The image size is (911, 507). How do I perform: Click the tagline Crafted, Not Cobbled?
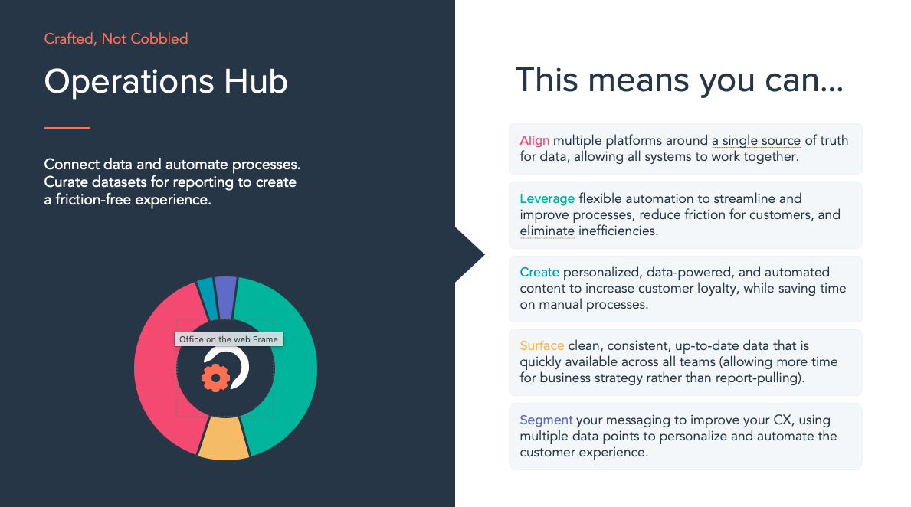116,39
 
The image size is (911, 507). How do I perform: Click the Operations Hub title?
165,82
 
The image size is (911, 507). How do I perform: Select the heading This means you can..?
679,80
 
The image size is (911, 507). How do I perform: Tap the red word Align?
535,141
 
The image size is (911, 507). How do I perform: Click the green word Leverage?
547,199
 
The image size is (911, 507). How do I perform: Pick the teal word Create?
539,272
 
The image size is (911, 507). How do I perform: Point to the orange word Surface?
542,345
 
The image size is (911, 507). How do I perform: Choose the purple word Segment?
546,420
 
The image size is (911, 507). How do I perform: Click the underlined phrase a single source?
756,141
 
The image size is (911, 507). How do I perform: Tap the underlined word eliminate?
547,231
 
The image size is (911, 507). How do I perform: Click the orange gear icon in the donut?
215,378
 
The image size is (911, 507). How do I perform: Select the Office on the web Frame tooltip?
229,339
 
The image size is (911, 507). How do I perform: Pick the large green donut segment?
290,366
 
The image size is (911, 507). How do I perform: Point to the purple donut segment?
225,296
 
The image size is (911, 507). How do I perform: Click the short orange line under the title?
67,128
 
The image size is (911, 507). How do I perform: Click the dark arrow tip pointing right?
484,254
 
